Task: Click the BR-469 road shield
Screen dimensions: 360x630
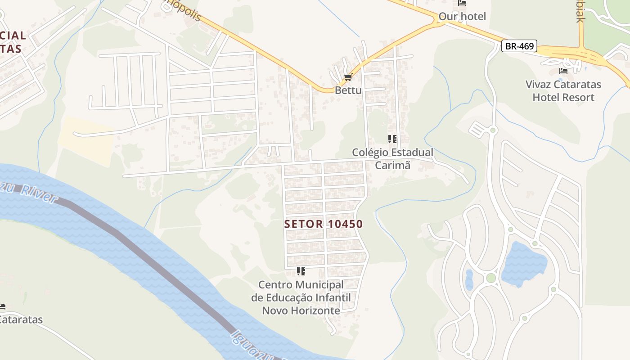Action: point(519,46)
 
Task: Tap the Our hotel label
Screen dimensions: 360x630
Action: point(462,17)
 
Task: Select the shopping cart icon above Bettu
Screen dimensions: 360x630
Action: point(347,78)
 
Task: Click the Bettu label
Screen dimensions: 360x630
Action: point(348,90)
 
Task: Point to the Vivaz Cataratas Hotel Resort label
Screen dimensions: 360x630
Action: point(563,91)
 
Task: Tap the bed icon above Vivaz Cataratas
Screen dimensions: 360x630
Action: point(563,71)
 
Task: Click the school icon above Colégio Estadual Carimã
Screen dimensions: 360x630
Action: point(392,139)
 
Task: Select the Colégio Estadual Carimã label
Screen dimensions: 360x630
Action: point(392,159)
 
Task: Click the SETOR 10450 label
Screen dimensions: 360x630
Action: point(324,224)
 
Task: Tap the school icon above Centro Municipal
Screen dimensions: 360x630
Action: point(301,271)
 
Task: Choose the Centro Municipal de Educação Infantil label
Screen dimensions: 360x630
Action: point(301,297)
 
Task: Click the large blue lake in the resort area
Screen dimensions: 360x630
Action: point(523,265)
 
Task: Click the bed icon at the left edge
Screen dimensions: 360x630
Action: point(2,307)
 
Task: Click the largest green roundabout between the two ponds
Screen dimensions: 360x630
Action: point(490,278)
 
